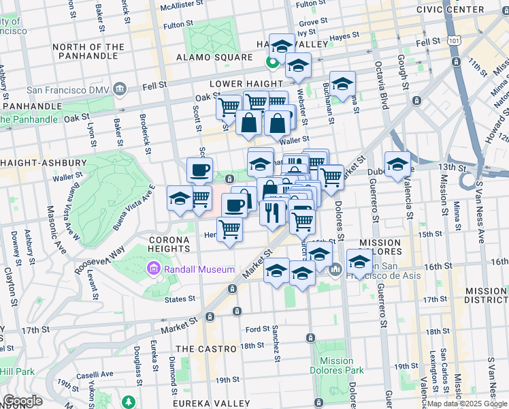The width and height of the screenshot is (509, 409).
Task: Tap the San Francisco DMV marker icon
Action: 120,89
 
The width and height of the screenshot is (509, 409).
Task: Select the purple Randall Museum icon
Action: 154,270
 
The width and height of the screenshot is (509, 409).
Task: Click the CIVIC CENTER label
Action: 474,10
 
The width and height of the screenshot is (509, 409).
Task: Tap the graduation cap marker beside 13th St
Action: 397,164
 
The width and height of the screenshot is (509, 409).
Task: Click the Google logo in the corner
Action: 22,401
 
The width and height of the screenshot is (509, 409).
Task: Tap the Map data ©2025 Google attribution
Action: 467,404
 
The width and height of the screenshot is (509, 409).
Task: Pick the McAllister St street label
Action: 186,6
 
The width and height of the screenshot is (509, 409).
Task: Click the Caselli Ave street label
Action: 95,375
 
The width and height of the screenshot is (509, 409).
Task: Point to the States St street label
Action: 181,299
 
